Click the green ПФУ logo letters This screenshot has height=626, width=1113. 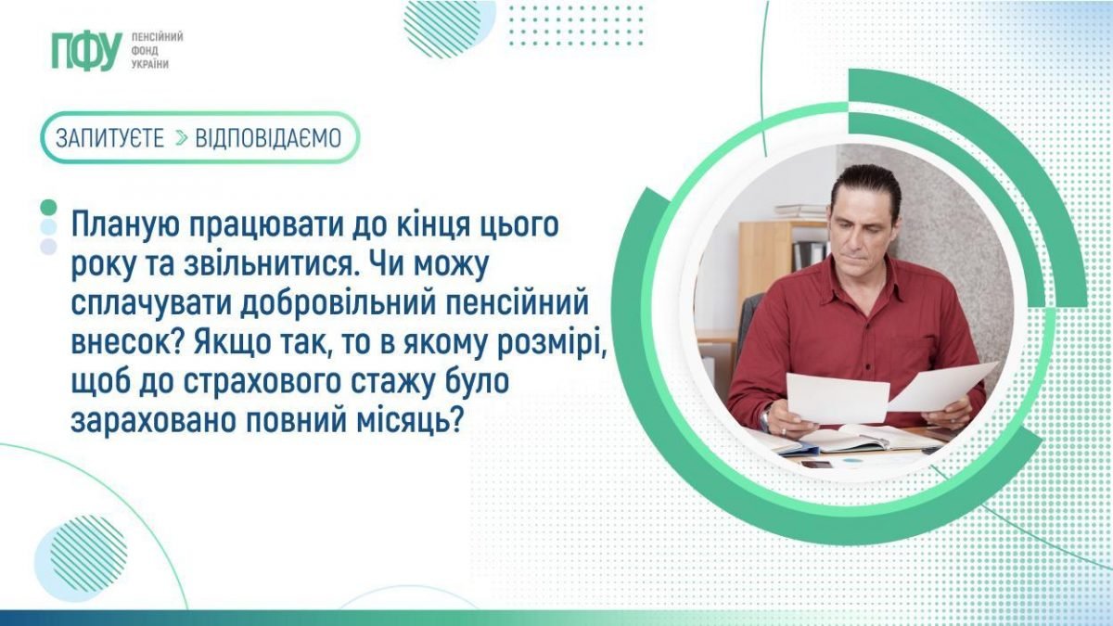[x=87, y=51]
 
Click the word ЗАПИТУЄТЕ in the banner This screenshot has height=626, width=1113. [x=109, y=138]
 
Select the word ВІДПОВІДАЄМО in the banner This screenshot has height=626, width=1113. [x=268, y=138]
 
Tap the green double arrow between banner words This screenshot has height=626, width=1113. [x=182, y=138]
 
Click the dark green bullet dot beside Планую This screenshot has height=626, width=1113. [x=48, y=207]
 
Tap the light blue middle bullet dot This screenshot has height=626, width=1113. [x=48, y=226]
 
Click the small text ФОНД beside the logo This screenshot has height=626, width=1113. [x=145, y=51]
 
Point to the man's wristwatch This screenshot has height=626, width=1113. [x=764, y=419]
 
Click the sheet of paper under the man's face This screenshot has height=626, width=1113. [x=838, y=399]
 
